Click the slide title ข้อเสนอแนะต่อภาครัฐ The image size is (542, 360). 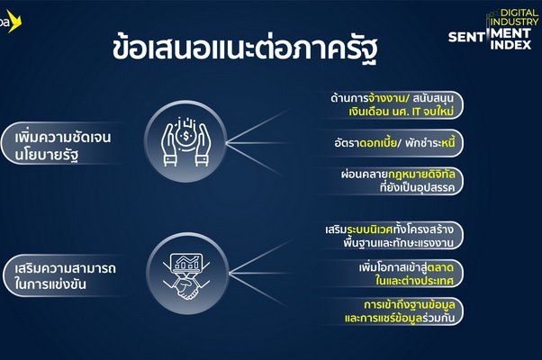[x=244, y=49]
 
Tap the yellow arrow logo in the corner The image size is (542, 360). [x=14, y=22]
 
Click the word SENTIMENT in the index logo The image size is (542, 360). [x=490, y=35]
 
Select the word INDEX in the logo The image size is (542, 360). [x=510, y=45]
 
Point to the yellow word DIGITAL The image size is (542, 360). [x=519, y=13]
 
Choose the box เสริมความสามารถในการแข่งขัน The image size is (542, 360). [x=64, y=275]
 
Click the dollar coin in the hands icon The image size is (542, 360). [x=186, y=136]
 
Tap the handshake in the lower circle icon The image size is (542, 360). [x=186, y=288]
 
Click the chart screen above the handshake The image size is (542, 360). [x=186, y=263]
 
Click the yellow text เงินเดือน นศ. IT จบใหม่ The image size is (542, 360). [x=401, y=112]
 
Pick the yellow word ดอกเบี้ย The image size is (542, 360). [x=378, y=142]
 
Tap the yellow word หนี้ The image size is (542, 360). [x=448, y=142]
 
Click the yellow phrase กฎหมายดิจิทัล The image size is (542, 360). [x=421, y=174]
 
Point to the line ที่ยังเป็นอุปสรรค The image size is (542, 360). [x=417, y=187]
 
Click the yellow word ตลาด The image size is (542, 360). [x=440, y=267]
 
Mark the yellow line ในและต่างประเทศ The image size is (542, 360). [x=414, y=281]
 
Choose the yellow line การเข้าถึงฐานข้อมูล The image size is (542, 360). [x=409, y=305]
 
